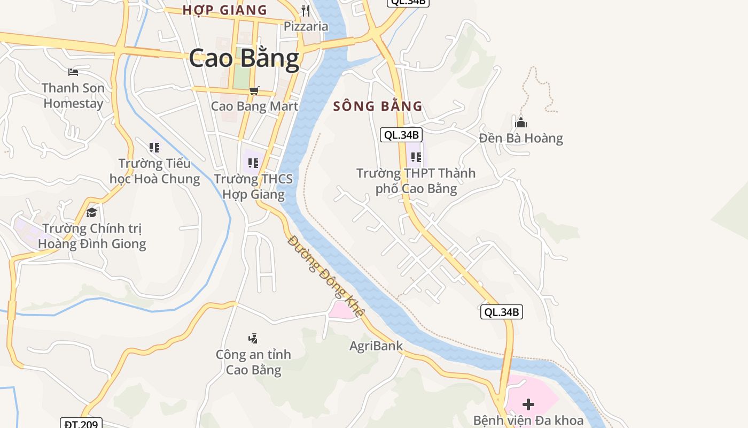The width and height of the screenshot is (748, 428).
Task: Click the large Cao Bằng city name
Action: pos(244,58)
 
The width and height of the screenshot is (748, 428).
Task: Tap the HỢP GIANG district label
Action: pos(224,10)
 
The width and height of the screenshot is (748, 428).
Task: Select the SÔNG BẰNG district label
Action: pos(378,106)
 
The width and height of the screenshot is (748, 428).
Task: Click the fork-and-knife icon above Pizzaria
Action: pos(306,10)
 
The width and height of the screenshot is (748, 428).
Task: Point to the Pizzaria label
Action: pos(306,26)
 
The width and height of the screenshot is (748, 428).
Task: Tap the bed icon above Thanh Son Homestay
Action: pos(73,72)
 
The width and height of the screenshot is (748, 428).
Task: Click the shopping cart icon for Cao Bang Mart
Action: pos(254,90)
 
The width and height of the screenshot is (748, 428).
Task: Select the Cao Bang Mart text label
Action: pos(254,106)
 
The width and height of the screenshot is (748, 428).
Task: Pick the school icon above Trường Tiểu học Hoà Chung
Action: pos(154,147)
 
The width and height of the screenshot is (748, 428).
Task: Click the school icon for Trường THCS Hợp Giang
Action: pos(253,163)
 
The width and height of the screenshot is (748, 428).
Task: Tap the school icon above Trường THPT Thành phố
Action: pos(416,157)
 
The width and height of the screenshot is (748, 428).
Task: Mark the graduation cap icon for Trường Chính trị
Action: pos(91,212)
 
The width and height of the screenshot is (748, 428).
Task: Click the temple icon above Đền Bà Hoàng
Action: pos(521,123)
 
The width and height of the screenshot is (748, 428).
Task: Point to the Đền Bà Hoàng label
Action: pos(521,139)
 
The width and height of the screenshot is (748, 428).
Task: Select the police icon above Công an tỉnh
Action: pos(253,338)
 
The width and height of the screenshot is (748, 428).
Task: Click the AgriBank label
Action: pos(376,346)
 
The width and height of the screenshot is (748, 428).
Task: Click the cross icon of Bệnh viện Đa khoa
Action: pos(528,404)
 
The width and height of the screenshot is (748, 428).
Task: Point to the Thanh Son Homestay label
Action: pos(73,95)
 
